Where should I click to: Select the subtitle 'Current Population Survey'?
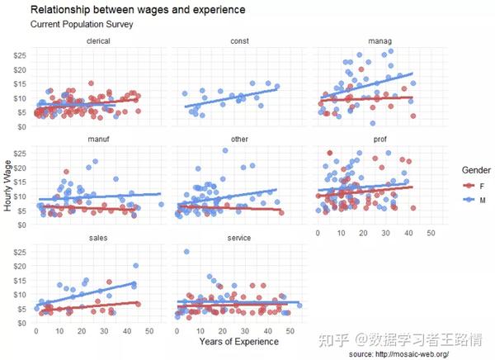[82, 25]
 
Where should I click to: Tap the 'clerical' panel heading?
[100, 41]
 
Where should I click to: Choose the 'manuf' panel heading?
[100, 140]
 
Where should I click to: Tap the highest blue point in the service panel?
[186, 252]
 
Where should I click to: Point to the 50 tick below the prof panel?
[431, 234]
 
